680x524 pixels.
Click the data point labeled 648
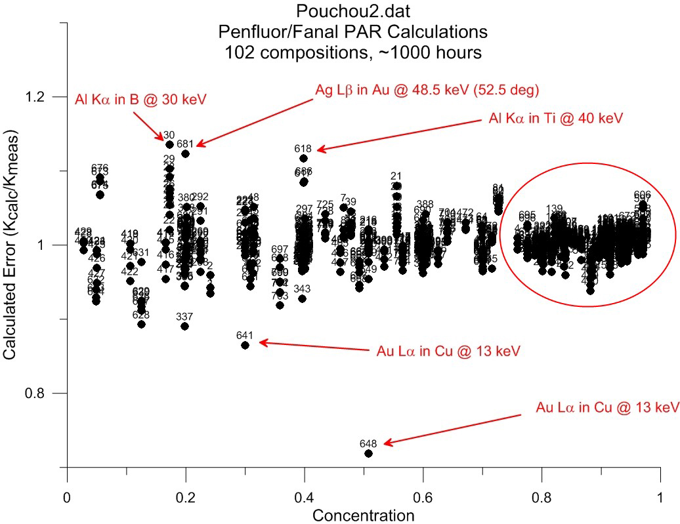pyautogui.click(x=368, y=453)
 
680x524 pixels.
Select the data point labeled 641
pyautogui.click(x=245, y=345)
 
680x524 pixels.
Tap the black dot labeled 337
pyautogui.click(x=184, y=326)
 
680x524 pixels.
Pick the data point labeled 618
pyautogui.click(x=303, y=158)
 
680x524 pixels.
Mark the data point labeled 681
pyautogui.click(x=185, y=153)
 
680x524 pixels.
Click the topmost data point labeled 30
pyautogui.click(x=169, y=144)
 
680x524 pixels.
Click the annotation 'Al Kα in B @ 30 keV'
pyautogui.click(x=140, y=99)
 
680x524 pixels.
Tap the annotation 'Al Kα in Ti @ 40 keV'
pyautogui.click(x=555, y=119)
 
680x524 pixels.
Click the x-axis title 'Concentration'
pyautogui.click(x=363, y=515)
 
